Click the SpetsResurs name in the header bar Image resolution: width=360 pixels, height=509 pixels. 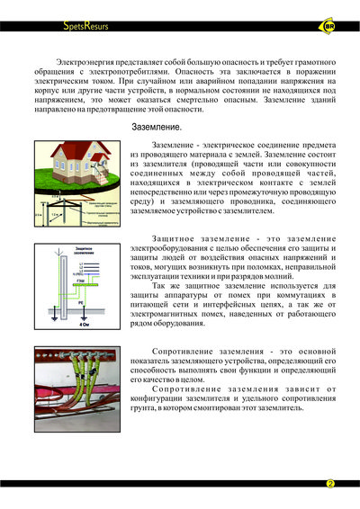coord(85,27)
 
